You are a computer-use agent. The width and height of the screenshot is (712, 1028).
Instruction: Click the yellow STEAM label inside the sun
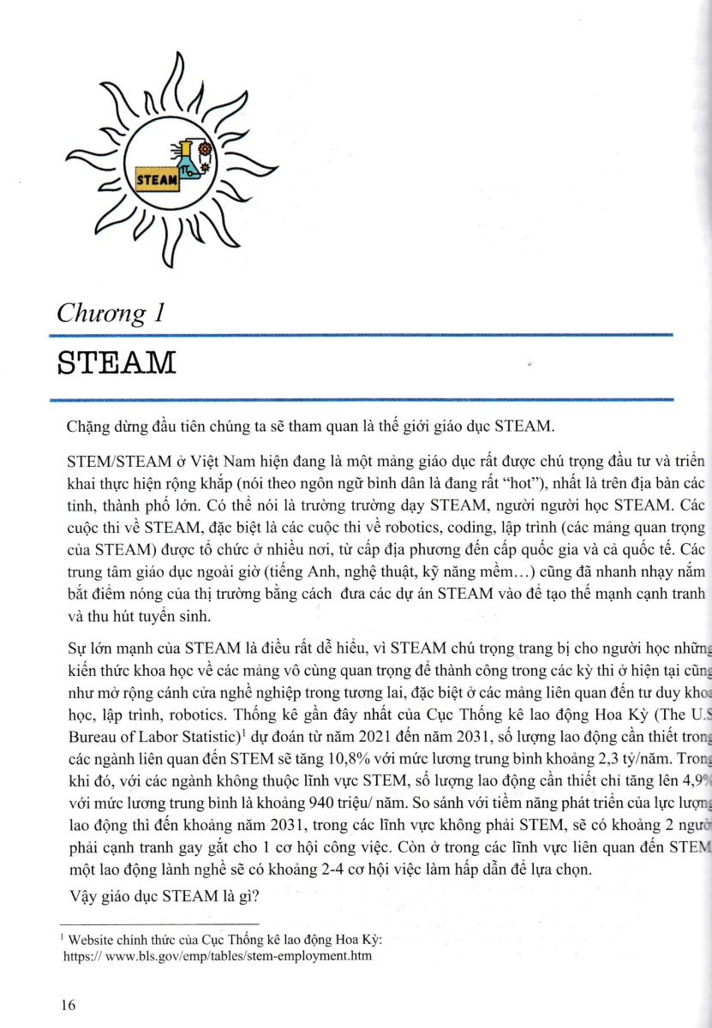tap(159, 180)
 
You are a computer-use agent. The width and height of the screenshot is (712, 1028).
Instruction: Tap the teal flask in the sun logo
tap(190, 158)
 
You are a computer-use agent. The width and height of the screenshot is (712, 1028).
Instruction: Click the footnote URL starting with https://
tap(218, 955)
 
